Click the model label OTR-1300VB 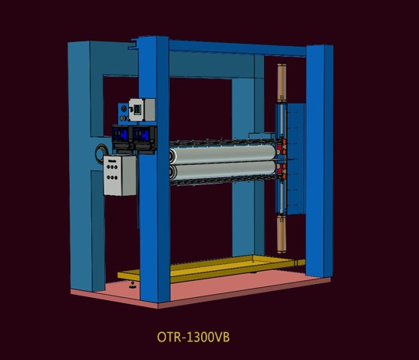click(193, 335)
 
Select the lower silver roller click(223, 173)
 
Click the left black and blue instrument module click(123, 137)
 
